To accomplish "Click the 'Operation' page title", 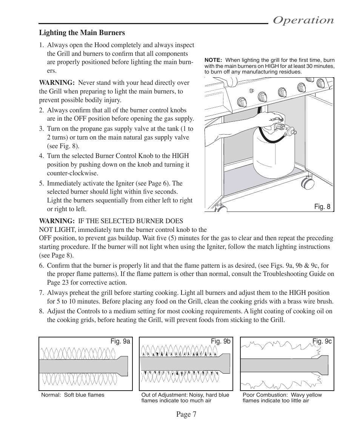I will pyautogui.click(x=303, y=20).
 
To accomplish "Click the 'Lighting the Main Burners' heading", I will pyautogui.click(x=82, y=33).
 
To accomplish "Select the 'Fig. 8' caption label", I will pyautogui.click(x=323, y=206).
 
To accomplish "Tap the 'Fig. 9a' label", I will pyautogui.click(x=120, y=341).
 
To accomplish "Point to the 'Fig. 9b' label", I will pyautogui.click(x=220, y=341).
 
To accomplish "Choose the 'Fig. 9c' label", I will pyautogui.click(x=322, y=341).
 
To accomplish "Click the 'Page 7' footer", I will pyautogui.click(x=186, y=414).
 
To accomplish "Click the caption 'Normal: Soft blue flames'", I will pyautogui.click(x=72, y=395).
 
